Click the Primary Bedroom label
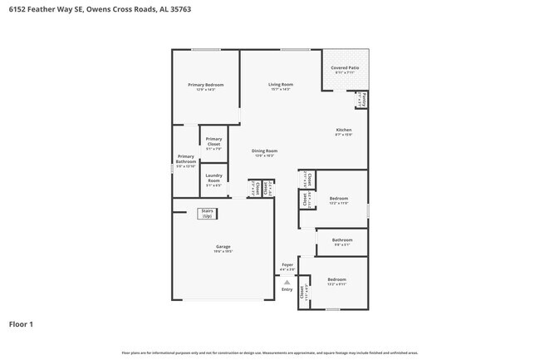pyautogui.click(x=205, y=86)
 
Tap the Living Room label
pyautogui.click(x=280, y=86)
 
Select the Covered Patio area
pyautogui.click(x=344, y=69)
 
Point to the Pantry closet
pyautogui.click(x=362, y=100)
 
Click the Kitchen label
pyautogui.click(x=343, y=131)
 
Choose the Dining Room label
pyautogui.click(x=264, y=152)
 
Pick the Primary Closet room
pyautogui.click(x=214, y=142)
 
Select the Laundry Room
pyautogui.click(x=214, y=179)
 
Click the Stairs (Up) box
pyautogui.click(x=207, y=214)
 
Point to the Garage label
pyautogui.click(x=223, y=247)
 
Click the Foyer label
pyautogui.click(x=287, y=265)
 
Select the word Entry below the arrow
pyautogui.click(x=287, y=289)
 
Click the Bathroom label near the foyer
pyautogui.click(x=342, y=242)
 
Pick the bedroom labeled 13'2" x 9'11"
pyautogui.click(x=336, y=281)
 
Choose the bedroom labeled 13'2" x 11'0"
pyautogui.click(x=338, y=200)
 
